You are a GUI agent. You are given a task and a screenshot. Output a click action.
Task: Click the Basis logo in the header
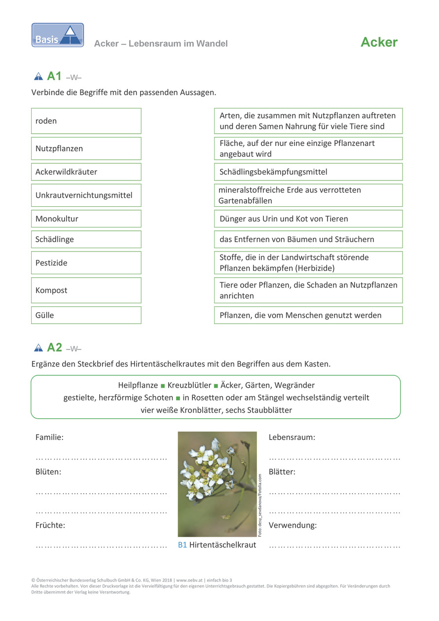pyautogui.click(x=58, y=35)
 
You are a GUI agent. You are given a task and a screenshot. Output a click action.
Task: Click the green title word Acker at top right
pyautogui.click(x=379, y=42)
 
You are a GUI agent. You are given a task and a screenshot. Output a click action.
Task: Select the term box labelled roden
pyautogui.click(x=86, y=121)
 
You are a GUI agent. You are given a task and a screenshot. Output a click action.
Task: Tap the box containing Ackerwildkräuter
pyautogui.click(x=86, y=172)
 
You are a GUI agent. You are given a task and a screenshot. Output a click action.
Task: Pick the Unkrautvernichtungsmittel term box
pyautogui.click(x=86, y=195)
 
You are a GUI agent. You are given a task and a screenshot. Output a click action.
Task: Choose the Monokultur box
pyautogui.click(x=86, y=219)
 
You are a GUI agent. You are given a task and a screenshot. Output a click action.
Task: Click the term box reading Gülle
pyautogui.click(x=86, y=315)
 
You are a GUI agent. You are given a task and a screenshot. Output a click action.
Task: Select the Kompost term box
pyautogui.click(x=86, y=290)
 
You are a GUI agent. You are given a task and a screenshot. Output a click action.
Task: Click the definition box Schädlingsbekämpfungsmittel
pyautogui.click(x=308, y=172)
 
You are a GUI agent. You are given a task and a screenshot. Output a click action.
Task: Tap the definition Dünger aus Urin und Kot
pyautogui.click(x=308, y=219)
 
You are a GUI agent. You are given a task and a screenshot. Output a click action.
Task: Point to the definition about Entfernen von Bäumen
pyautogui.click(x=308, y=239)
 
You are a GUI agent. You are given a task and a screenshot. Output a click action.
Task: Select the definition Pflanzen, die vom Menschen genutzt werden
pyautogui.click(x=308, y=315)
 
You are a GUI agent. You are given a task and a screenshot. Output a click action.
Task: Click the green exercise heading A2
pyautogui.click(x=54, y=348)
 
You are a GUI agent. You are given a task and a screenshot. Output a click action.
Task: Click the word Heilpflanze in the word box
pyautogui.click(x=138, y=385)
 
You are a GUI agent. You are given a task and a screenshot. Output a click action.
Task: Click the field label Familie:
pyautogui.click(x=49, y=437)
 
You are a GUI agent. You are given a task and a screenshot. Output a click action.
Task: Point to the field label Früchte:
pyautogui.click(x=50, y=525)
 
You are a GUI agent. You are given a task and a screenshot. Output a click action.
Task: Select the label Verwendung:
pyautogui.click(x=293, y=525)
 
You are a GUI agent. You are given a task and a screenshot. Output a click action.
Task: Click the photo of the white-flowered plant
pyautogui.click(x=217, y=484)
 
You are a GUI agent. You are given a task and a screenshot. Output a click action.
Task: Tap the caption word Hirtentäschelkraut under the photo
pyautogui.click(x=222, y=545)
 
